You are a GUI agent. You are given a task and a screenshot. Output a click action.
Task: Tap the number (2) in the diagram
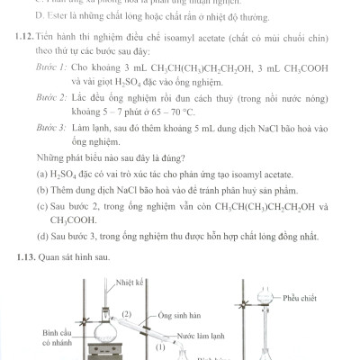coord(128,314)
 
